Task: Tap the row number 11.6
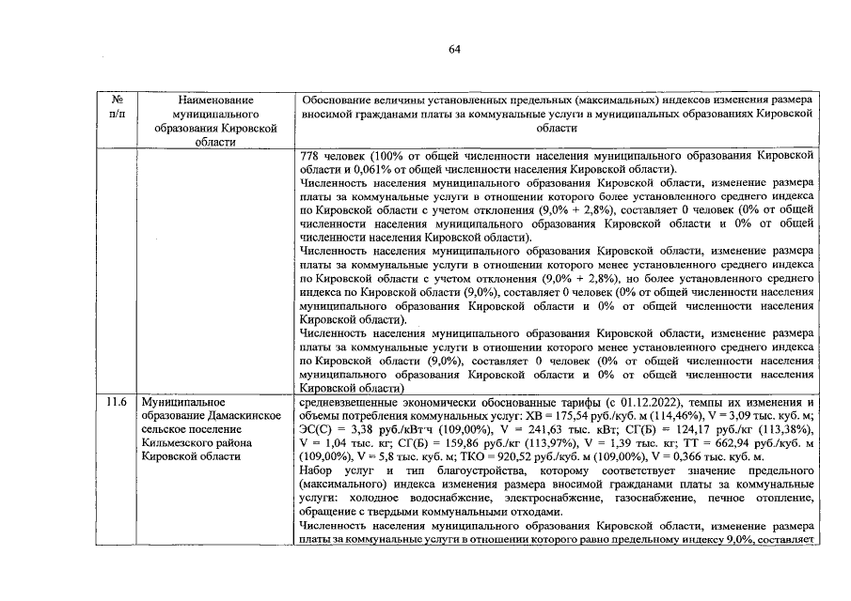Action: (117, 401)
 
